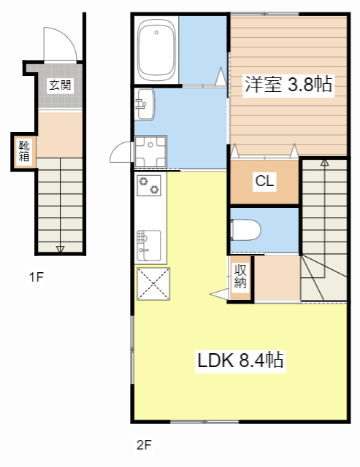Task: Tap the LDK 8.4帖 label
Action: click(240, 360)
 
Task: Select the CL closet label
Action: click(264, 182)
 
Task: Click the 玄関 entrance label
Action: click(60, 85)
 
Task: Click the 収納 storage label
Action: click(240, 277)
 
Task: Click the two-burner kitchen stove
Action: click(150, 185)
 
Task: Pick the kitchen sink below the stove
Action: click(149, 244)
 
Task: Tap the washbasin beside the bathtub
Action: click(144, 104)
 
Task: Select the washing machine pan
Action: click(150, 152)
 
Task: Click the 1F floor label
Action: click(37, 277)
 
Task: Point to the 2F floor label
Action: click(143, 444)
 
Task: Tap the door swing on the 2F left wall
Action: click(120, 152)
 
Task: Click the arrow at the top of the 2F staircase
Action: click(324, 163)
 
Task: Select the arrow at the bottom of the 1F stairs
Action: click(60, 249)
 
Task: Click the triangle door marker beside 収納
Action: click(220, 293)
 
